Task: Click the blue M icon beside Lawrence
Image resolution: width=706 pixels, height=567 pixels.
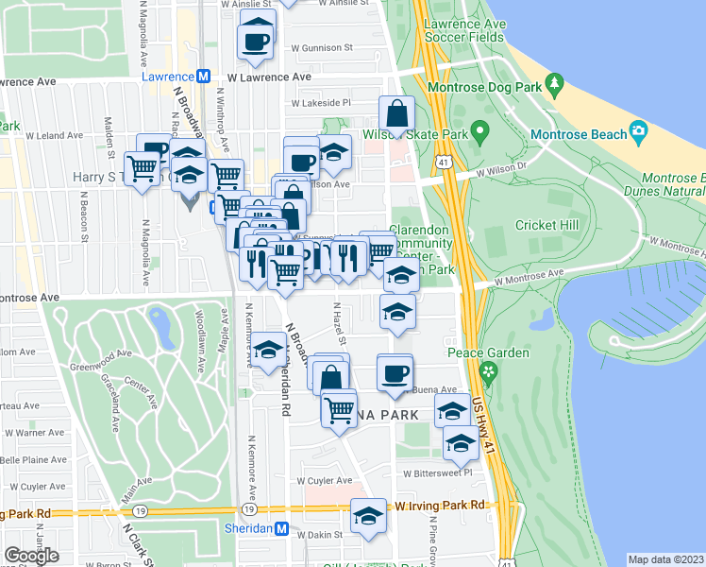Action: pos(202,76)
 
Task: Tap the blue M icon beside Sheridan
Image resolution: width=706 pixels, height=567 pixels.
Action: pos(280,529)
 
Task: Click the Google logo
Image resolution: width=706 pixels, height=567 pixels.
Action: pos(31,555)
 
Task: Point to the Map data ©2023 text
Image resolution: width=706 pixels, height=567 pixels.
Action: pos(665,558)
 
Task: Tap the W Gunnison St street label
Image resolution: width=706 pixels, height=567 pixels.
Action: pos(321,46)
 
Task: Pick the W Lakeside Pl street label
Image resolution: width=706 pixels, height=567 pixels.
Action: pos(320,103)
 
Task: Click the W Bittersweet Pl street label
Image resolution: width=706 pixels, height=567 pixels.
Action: pos(436,472)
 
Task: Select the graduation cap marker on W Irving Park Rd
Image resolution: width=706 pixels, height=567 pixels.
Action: pos(368,516)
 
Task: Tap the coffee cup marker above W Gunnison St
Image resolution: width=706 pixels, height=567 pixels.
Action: pos(257,39)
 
